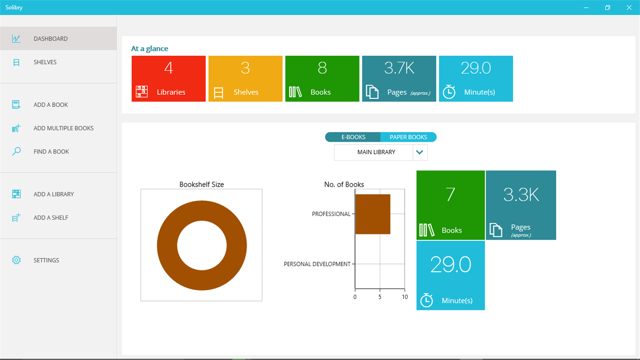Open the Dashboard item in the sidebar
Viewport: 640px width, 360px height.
(x=50, y=39)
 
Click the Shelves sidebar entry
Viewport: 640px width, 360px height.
(x=45, y=62)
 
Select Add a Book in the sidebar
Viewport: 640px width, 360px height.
(x=50, y=105)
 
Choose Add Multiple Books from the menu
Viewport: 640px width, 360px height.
(x=63, y=128)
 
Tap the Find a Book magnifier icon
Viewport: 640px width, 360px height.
(x=16, y=151)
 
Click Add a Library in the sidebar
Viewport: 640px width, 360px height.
(x=54, y=194)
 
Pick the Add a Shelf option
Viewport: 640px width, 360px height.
(x=50, y=218)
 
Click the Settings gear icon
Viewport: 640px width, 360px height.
(x=16, y=260)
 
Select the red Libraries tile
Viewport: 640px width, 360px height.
(x=168, y=79)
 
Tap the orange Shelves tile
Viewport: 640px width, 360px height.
(x=245, y=79)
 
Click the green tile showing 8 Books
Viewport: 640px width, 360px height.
(x=322, y=79)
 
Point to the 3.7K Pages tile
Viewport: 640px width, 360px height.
(x=399, y=79)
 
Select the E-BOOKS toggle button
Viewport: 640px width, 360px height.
(x=353, y=137)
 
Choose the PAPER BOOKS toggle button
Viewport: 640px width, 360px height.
(x=408, y=137)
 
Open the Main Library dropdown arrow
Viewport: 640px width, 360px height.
(x=420, y=152)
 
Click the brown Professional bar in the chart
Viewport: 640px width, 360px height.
(x=373, y=214)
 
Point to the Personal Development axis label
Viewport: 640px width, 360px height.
(x=317, y=264)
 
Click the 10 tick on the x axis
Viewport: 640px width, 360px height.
(x=404, y=297)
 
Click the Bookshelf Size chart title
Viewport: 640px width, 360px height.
(x=201, y=184)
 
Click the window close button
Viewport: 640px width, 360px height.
(x=629, y=7)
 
